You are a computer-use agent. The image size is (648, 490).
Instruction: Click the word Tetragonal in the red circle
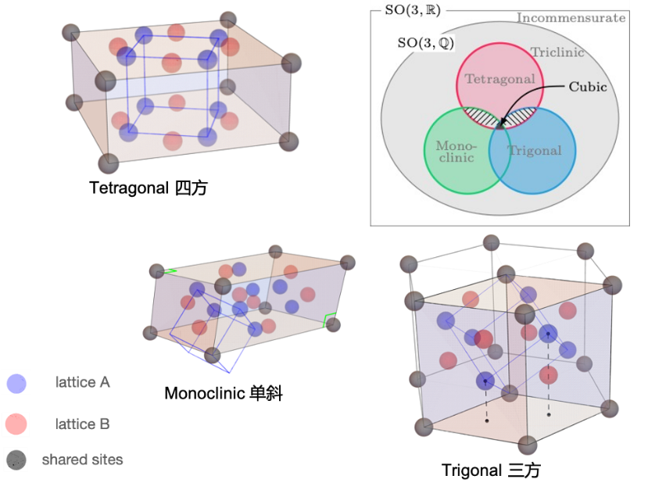click(x=500, y=79)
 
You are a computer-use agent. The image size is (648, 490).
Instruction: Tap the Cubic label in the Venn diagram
click(x=588, y=87)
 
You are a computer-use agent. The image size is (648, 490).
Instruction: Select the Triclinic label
click(x=557, y=52)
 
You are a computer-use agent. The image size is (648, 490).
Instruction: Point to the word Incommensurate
click(x=571, y=18)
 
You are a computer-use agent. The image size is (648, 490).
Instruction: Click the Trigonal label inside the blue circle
click(x=535, y=150)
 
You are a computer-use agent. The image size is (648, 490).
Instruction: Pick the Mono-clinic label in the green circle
click(x=456, y=152)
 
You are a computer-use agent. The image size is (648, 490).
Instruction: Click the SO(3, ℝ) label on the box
click(x=413, y=10)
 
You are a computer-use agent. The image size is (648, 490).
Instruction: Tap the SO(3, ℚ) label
click(x=426, y=42)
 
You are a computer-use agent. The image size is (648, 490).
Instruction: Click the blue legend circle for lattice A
click(x=16, y=384)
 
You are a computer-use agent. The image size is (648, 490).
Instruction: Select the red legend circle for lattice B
click(x=16, y=424)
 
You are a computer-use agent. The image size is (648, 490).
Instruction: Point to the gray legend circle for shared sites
click(x=16, y=460)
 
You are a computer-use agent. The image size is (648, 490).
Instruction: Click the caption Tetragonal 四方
click(x=149, y=188)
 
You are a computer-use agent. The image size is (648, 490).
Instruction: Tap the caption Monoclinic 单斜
click(x=224, y=393)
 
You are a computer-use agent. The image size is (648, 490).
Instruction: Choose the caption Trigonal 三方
click(x=491, y=470)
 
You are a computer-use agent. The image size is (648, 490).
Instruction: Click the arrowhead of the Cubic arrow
click(x=501, y=123)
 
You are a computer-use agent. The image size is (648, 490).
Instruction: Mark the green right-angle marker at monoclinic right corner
click(x=328, y=320)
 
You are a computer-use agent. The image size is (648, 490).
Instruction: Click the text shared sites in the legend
click(x=82, y=460)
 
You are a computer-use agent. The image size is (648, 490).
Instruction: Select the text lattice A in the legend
click(x=83, y=382)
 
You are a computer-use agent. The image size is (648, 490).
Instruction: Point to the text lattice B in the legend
click(x=83, y=424)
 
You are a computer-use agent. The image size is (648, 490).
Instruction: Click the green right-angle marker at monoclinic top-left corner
click(x=170, y=271)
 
